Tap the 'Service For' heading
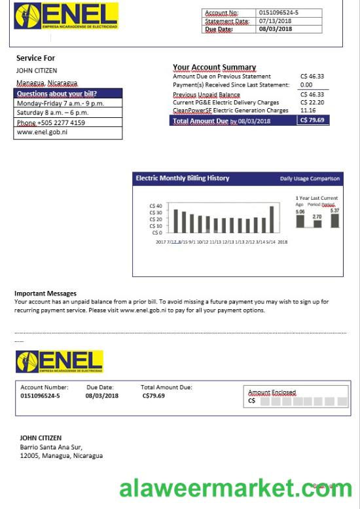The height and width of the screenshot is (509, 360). pyautogui.click(x=35, y=58)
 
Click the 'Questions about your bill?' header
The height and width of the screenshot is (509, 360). pyautogui.click(x=57, y=94)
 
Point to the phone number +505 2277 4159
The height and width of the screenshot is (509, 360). pyautogui.click(x=51, y=123)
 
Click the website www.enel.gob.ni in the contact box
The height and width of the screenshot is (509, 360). pyautogui.click(x=42, y=132)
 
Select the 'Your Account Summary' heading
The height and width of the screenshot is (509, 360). pyautogui.click(x=214, y=67)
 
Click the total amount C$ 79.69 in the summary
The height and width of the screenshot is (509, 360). pyautogui.click(x=313, y=121)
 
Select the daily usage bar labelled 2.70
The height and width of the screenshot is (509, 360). pyautogui.click(x=317, y=223)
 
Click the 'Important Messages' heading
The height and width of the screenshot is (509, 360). pyautogui.click(x=45, y=293)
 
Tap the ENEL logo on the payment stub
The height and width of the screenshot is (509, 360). pyautogui.click(x=60, y=362)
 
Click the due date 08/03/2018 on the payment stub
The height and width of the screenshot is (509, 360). pyautogui.click(x=102, y=396)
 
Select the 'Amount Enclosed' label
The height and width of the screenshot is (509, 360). pyautogui.click(x=272, y=392)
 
